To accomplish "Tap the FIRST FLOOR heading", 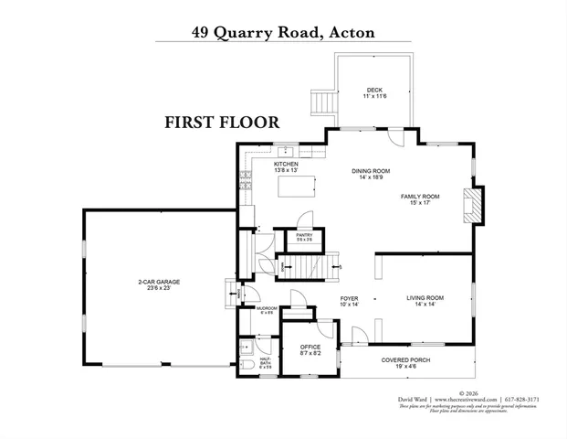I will point(222,122).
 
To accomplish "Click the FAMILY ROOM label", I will point(420,197).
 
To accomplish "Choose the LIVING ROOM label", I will point(425,298).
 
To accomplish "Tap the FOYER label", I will point(349,298).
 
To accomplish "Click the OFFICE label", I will point(310,347).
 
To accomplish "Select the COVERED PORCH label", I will point(407,359).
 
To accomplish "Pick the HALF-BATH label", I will point(266,361).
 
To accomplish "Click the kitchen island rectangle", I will point(299,187).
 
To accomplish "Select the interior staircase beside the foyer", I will point(308,265).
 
